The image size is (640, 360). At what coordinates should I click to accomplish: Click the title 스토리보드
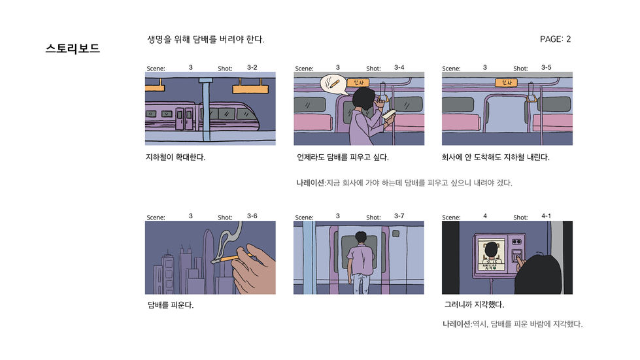pyautogui.click(x=73, y=48)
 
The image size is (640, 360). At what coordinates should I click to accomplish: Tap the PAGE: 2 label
pyautogui.click(x=555, y=39)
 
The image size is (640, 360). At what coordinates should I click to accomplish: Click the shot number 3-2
pyautogui.click(x=252, y=67)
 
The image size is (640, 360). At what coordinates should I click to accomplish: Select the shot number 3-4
pyautogui.click(x=399, y=67)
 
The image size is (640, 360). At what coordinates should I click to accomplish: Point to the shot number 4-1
pyautogui.click(x=546, y=216)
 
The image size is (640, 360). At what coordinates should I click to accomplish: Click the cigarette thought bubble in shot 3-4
pyautogui.click(x=333, y=84)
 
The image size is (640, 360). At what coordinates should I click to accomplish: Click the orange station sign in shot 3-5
pyautogui.click(x=504, y=82)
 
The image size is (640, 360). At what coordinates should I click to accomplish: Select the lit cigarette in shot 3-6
pyautogui.click(x=226, y=259)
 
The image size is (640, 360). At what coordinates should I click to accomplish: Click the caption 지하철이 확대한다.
pyautogui.click(x=175, y=157)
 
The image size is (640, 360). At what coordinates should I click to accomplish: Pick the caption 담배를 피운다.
pyautogui.click(x=171, y=305)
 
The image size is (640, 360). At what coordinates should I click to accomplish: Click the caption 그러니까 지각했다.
pyautogui.click(x=474, y=305)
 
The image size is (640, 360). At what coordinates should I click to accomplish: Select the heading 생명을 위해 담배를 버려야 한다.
pyautogui.click(x=206, y=40)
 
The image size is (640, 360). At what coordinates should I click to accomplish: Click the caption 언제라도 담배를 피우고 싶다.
pyautogui.click(x=343, y=157)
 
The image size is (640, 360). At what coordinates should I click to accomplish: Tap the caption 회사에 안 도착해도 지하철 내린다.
pyautogui.click(x=496, y=157)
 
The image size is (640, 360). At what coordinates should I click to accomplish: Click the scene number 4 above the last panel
pyautogui.click(x=484, y=216)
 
